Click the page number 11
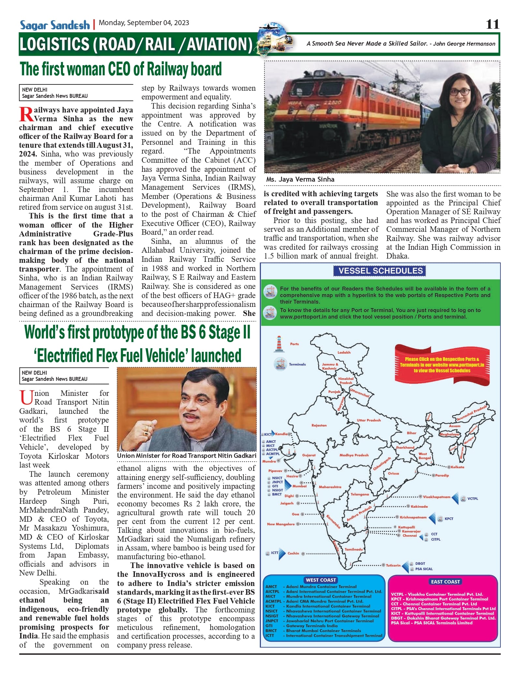[x=492, y=24]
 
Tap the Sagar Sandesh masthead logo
[x=55, y=25]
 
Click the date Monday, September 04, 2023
[x=144, y=23]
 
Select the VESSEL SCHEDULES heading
[x=380, y=271]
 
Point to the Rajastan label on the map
[x=319, y=425]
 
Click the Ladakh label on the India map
[x=344, y=352]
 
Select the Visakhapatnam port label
[x=437, y=497]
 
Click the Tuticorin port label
[x=393, y=565]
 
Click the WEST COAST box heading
[x=321, y=580]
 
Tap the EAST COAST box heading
[x=445, y=581]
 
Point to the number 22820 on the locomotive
[x=332, y=102]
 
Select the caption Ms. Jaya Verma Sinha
[x=300, y=179]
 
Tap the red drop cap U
[x=26, y=397]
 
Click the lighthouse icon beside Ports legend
[x=279, y=344]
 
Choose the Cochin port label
[x=293, y=553]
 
